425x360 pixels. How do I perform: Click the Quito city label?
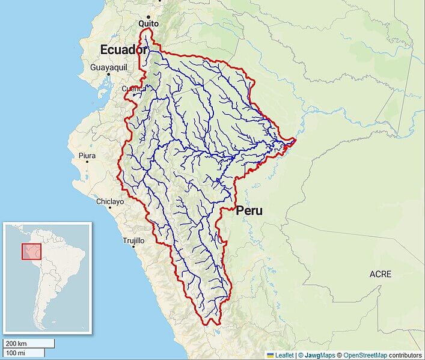(148, 23)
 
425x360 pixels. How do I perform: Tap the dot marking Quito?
(148, 16)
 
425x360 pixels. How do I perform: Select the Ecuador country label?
(123, 49)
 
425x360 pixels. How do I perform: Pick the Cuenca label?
(133, 88)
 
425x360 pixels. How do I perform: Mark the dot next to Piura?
(88, 162)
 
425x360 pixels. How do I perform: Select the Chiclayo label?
(110, 201)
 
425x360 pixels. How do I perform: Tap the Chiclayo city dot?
(109, 208)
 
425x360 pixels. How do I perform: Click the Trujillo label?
(133, 240)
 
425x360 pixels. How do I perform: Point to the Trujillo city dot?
(133, 247)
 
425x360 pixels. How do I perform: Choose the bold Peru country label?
(249, 211)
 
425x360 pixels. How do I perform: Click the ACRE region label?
(380, 274)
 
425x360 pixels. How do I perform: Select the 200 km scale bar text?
(16, 343)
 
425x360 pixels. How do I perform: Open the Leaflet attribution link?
(284, 355)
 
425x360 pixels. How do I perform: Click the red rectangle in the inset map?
(31, 251)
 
